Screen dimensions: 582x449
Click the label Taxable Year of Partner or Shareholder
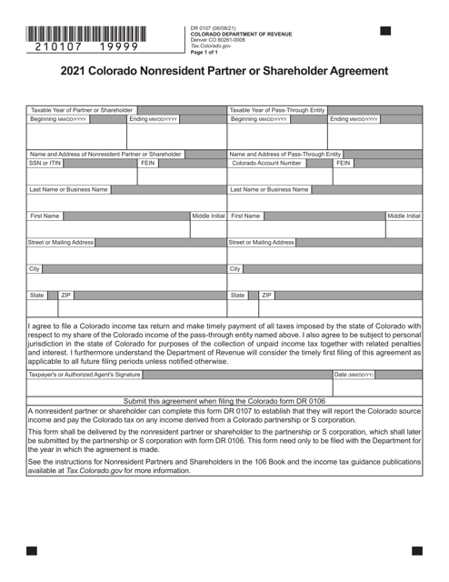tap(82, 110)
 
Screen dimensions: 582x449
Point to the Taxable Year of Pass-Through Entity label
tap(277, 110)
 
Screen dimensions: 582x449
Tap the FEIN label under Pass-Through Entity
tap(344, 163)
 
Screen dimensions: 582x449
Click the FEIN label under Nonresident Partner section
tap(148, 163)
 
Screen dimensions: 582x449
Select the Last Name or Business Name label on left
tap(69, 189)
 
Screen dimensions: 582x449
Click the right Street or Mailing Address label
tap(263, 243)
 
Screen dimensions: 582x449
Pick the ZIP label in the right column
tap(266, 296)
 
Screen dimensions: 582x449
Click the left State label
tap(37, 296)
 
